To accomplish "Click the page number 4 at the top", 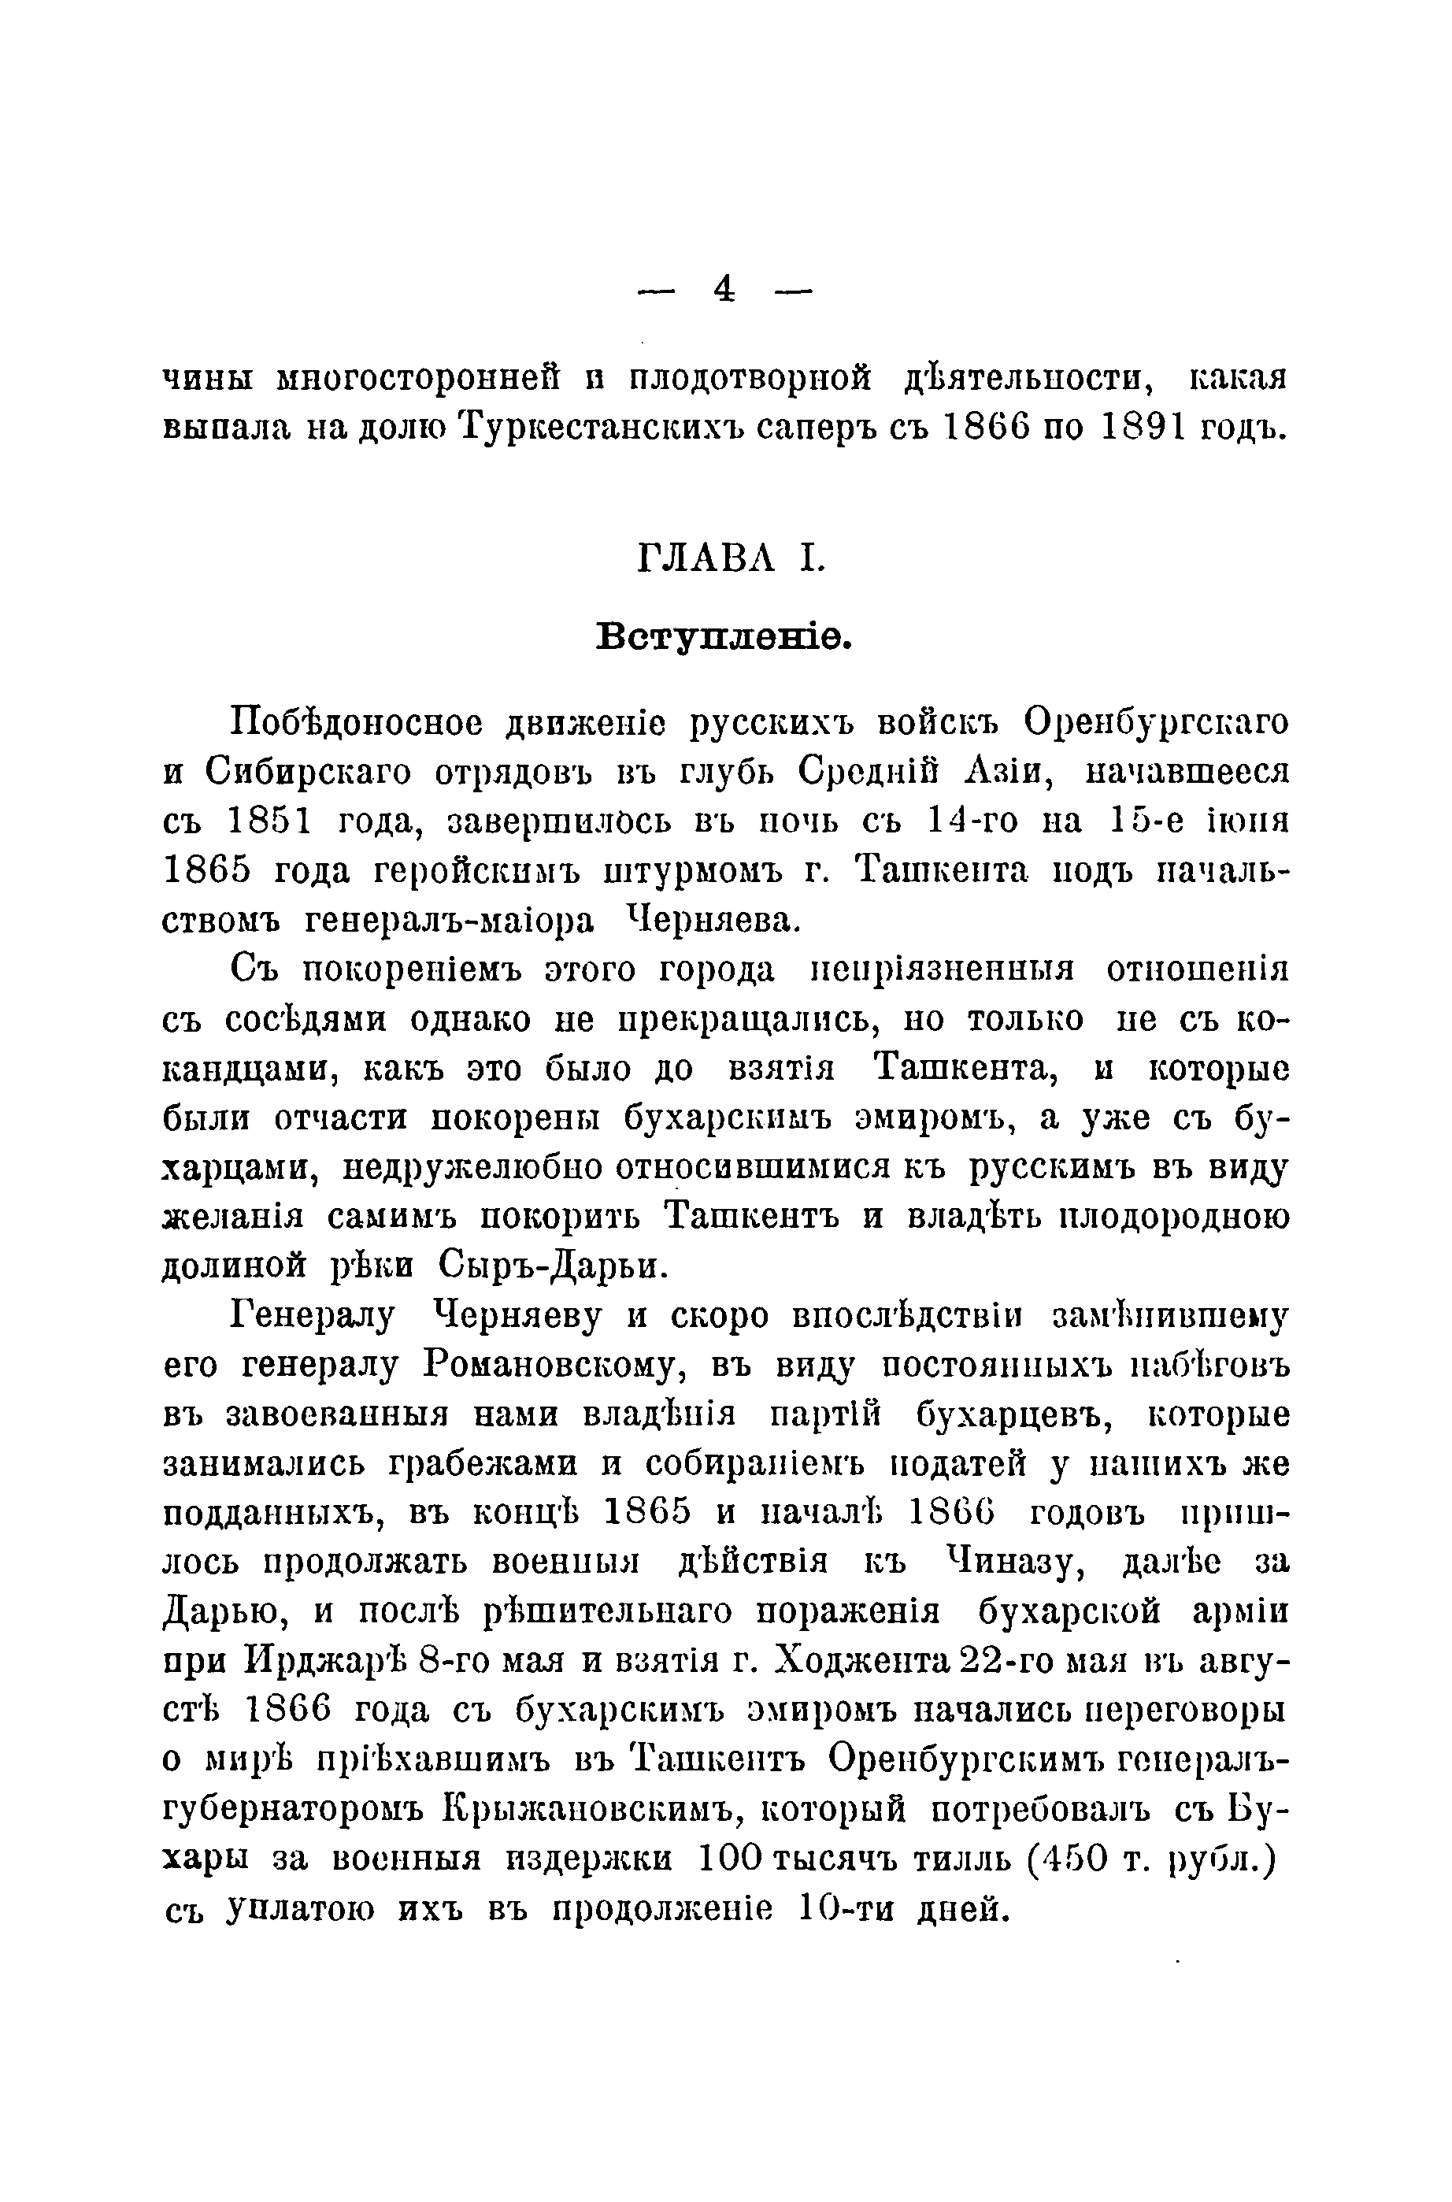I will tap(724, 291).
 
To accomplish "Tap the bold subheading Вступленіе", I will tap(724, 637).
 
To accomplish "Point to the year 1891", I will tap(1146, 427).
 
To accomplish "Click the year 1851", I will tap(269, 822).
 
